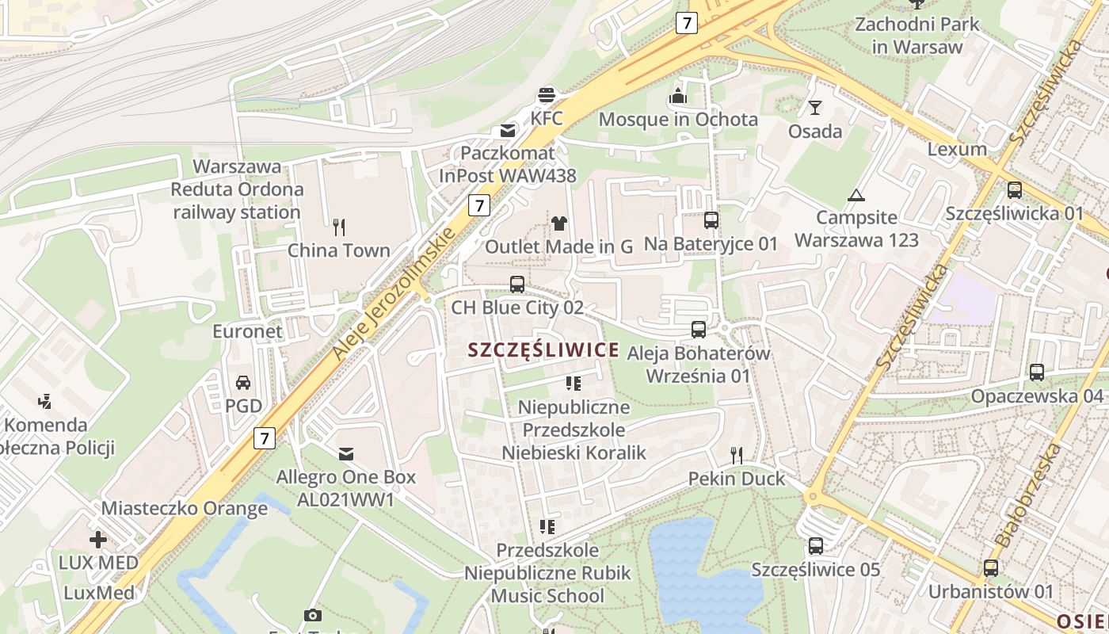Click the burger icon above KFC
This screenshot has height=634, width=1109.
tap(546, 96)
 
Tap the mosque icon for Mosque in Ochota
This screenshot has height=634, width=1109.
tap(678, 97)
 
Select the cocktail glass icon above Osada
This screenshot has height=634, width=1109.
tap(814, 108)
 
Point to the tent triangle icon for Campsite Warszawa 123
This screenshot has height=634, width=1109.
tap(856, 195)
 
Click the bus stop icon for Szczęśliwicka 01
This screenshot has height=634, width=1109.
tap(1014, 189)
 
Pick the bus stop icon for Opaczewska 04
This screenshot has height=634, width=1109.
tap(1036, 372)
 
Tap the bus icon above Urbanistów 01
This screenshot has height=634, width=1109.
tap(990, 567)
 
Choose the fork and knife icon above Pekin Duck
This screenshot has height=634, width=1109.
tap(737, 455)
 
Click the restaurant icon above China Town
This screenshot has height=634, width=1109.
tap(339, 227)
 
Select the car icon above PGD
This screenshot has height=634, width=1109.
tap(243, 382)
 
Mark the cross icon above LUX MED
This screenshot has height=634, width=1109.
tap(98, 540)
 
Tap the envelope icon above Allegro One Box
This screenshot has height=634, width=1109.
tap(345, 454)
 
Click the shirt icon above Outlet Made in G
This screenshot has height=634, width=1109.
tap(559, 223)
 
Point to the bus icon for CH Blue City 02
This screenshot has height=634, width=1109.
tap(516, 284)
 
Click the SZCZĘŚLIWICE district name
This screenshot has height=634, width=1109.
tap(543, 350)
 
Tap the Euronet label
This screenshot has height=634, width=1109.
tap(247, 331)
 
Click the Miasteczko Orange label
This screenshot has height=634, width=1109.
tap(185, 508)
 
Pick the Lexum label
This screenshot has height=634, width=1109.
tap(957, 149)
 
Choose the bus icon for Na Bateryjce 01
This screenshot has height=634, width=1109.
tap(711, 220)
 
